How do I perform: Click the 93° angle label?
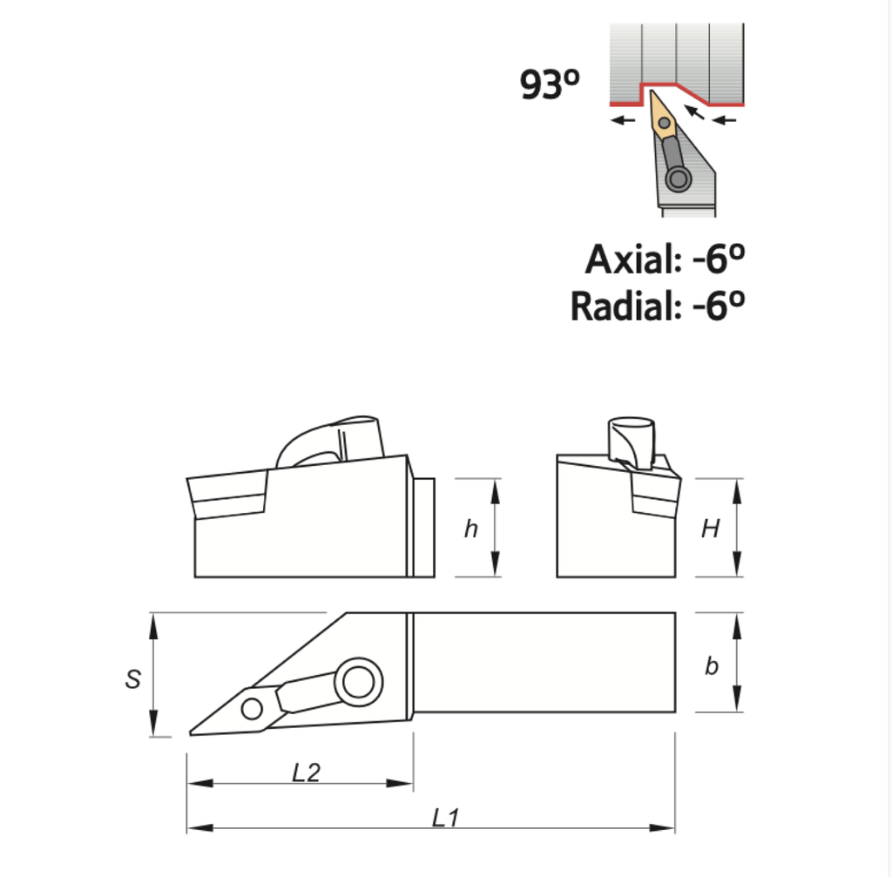[x=549, y=84]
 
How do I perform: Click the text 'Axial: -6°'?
[x=666, y=260]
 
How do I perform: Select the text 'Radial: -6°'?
[x=658, y=306]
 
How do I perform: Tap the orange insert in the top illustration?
[x=663, y=117]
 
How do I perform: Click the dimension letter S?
[x=132, y=679]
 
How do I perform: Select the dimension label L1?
[x=445, y=817]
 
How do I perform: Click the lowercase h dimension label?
[x=470, y=529]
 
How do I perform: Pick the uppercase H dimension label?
[x=711, y=529]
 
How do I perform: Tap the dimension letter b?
[x=711, y=666]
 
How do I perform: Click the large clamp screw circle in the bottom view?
[x=357, y=681]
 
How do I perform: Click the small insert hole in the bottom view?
[x=252, y=709]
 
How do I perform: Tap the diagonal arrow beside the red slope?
[x=694, y=112]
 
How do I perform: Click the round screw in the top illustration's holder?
[x=678, y=179]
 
